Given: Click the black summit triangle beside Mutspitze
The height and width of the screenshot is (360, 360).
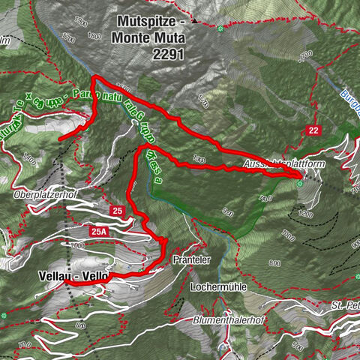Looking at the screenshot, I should tap(194, 22).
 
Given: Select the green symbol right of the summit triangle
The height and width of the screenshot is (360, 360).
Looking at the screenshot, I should tap(220, 29).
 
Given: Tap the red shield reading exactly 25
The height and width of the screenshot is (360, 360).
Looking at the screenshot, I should tap(116, 211).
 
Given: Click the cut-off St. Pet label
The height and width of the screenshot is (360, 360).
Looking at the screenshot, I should tap(344, 305).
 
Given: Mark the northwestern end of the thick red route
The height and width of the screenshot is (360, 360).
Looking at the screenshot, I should tap(60, 136).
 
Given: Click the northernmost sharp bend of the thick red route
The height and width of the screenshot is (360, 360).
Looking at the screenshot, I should tap(93, 79).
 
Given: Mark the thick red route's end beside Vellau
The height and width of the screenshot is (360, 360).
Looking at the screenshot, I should tap(73, 285).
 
